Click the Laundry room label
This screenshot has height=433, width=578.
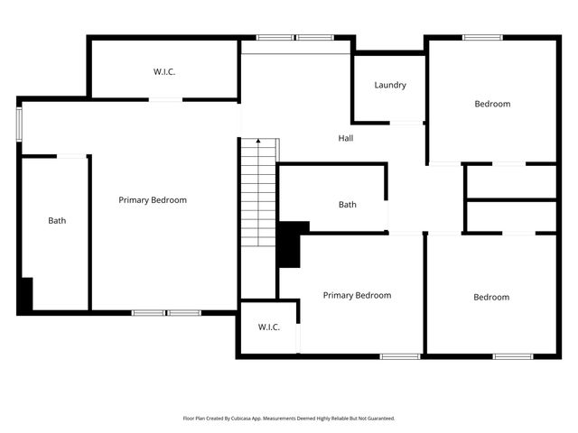[390, 86]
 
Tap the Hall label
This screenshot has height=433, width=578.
[346, 139]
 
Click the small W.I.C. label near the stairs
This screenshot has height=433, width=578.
[268, 327]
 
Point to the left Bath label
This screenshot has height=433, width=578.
[57, 220]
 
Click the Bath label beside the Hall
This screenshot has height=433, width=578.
[347, 205]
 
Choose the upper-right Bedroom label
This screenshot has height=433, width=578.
[492, 104]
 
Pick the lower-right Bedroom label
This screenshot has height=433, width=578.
[491, 297]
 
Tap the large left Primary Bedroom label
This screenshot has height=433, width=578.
[153, 200]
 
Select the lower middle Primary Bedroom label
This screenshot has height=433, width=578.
[357, 295]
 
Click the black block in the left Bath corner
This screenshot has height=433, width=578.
[25, 294]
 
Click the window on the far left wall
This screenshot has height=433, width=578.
[19, 124]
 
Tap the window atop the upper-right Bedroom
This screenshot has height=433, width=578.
[483, 37]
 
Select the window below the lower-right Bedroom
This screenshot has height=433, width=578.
[513, 356]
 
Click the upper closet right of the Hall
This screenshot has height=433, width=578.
[510, 181]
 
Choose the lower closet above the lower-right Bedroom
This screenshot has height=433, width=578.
[510, 216]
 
